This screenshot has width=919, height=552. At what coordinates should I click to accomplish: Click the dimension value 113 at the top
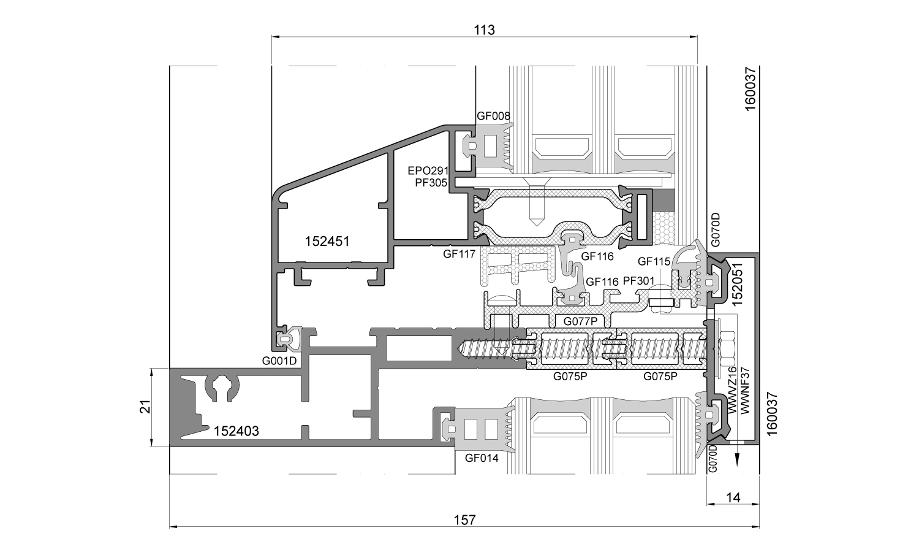484,29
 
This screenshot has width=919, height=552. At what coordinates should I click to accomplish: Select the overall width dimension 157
465,520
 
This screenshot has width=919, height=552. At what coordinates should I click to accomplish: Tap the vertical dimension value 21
145,408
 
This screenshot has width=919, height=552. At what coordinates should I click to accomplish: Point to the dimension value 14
733,497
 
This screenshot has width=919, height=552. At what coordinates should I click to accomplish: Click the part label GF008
493,116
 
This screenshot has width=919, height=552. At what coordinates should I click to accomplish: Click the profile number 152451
327,242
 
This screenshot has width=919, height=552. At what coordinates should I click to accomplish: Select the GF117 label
459,253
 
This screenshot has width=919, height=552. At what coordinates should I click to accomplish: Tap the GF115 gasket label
654,261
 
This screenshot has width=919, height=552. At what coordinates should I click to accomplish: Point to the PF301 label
639,281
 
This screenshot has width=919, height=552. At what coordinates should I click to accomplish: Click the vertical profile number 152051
739,283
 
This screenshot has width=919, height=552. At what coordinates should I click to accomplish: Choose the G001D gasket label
279,361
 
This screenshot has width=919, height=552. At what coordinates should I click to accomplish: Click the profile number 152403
236,431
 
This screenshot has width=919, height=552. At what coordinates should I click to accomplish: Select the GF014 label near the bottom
482,458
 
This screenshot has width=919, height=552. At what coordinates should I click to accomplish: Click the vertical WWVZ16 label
733,391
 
